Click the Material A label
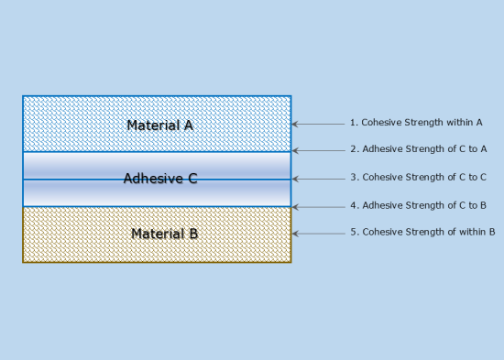tap(159, 125)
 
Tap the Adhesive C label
tap(160, 179)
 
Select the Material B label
tap(164, 234)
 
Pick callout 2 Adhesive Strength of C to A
tap(419, 148)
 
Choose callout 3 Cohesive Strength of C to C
tap(418, 177)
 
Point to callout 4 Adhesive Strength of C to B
tap(419, 205)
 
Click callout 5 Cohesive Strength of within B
tap(422, 233)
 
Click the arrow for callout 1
tap(317, 124)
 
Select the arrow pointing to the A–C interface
tap(317, 150)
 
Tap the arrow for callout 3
tap(317, 179)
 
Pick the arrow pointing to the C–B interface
tap(317, 206)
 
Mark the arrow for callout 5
tap(317, 234)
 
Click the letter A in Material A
tap(188, 125)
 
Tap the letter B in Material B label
tap(192, 234)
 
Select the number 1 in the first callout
tap(352, 122)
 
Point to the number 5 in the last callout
tap(353, 233)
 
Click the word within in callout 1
tap(457, 122)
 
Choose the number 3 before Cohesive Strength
tap(353, 177)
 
